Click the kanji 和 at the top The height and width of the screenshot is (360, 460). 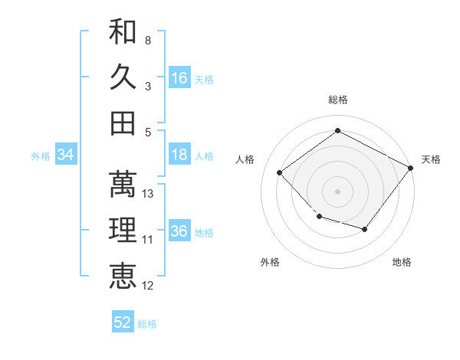coord(123,31)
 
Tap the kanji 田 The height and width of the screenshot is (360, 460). coord(123,123)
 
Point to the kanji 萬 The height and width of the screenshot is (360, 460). coord(123,184)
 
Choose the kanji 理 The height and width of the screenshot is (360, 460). coord(123,230)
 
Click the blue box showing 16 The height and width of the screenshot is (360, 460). coord(179,77)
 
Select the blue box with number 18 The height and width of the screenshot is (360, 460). coord(179,155)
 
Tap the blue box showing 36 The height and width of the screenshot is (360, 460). coord(179,232)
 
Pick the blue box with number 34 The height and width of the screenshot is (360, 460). coord(66,155)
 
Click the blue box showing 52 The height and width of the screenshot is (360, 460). coord(123,322)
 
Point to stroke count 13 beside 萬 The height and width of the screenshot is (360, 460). coord(149,194)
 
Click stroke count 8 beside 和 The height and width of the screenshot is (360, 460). coord(147,40)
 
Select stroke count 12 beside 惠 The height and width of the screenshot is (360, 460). coord(149,286)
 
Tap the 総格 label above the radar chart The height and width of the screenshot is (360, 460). coord(337,100)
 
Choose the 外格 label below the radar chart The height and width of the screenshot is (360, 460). coord(270,262)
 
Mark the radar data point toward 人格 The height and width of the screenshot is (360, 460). coord(280,172)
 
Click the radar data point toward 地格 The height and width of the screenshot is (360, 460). coord(365,230)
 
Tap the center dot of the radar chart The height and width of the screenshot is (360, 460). coord(337,191)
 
